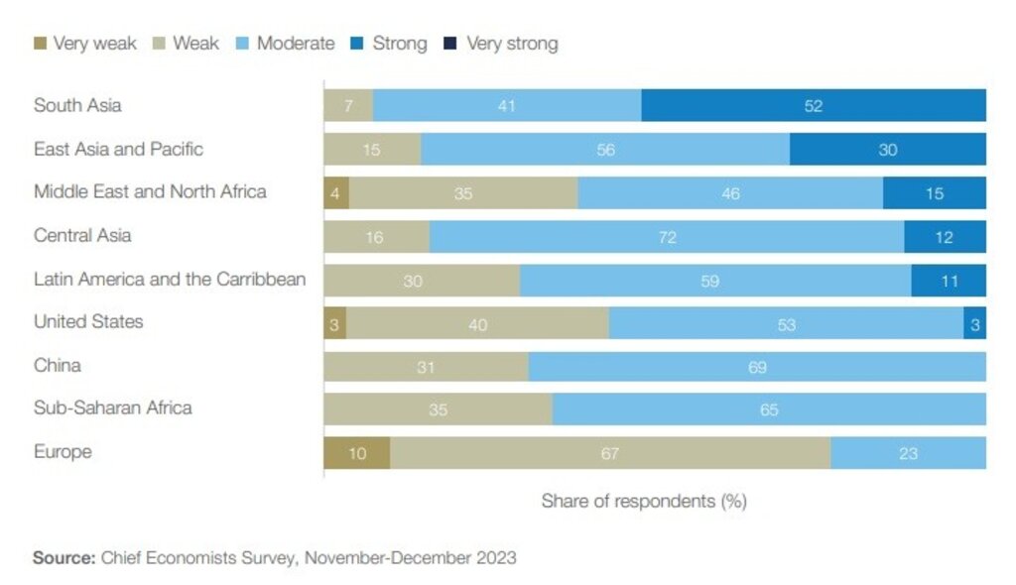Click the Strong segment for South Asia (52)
[x=814, y=105]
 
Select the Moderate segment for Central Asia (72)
[x=666, y=237]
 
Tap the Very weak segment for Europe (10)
[x=356, y=453]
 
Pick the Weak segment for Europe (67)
[x=609, y=453]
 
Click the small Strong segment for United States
[x=974, y=323]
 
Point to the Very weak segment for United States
[x=334, y=323]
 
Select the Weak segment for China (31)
[x=426, y=367]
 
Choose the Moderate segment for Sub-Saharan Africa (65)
[x=769, y=409]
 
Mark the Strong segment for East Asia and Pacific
[x=887, y=149]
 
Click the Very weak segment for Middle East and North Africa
[x=335, y=193]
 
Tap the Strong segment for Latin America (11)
[x=949, y=281]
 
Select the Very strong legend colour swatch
[x=450, y=44]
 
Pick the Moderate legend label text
[x=296, y=44]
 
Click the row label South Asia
[x=77, y=105]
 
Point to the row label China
[x=58, y=366]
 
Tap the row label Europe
[x=63, y=452]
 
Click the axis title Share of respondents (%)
[x=643, y=501]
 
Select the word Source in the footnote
[x=63, y=557]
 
